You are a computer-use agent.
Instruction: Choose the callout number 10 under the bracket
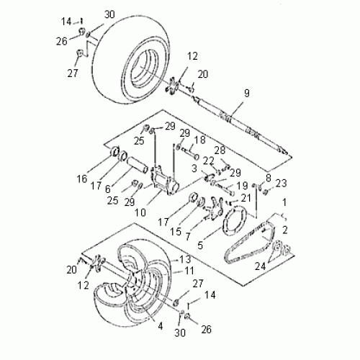(189, 236)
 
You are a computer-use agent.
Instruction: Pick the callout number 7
(189, 236)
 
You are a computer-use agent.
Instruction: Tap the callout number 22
(208, 160)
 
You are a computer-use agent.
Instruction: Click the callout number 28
(220, 149)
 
